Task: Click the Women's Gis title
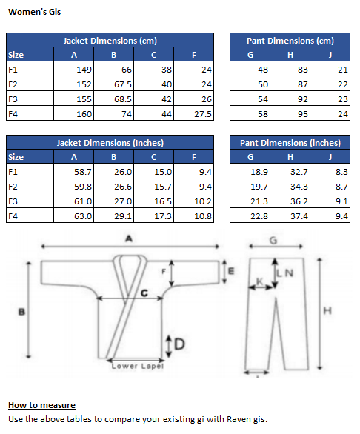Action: (x=34, y=12)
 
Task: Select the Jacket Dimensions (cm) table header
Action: (x=110, y=41)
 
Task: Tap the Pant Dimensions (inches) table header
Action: (x=290, y=142)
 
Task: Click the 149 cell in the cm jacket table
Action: (x=73, y=69)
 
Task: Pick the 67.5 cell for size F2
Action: (x=113, y=84)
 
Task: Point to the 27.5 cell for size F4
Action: (x=193, y=114)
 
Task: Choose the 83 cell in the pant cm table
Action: (x=290, y=69)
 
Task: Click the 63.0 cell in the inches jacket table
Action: (x=73, y=216)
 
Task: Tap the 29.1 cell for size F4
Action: (x=113, y=216)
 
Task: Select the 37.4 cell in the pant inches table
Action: (x=290, y=216)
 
